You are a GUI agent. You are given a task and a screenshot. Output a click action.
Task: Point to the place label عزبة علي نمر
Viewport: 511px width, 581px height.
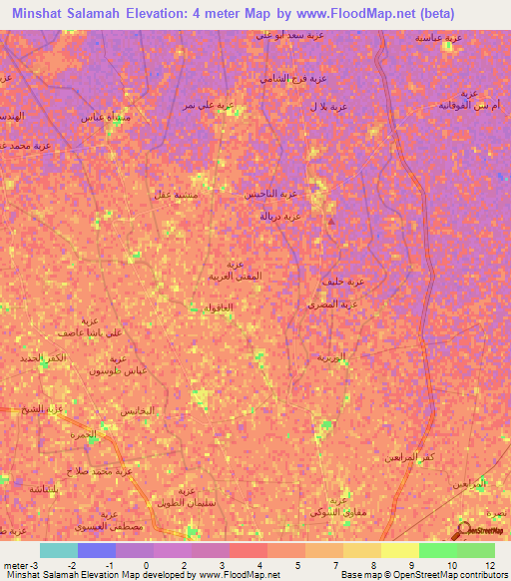click(x=208, y=103)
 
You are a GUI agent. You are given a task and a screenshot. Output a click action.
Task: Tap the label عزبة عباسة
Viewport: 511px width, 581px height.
click(x=438, y=37)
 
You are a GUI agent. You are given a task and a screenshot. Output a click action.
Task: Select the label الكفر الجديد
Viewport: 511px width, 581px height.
click(x=42, y=357)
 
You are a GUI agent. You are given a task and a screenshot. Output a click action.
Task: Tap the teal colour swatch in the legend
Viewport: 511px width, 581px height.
click(x=59, y=550)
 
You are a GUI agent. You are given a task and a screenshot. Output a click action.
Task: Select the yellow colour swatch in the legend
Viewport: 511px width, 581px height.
click(x=399, y=550)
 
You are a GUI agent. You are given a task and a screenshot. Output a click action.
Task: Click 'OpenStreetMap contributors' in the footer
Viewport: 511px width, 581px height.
click(x=455, y=575)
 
